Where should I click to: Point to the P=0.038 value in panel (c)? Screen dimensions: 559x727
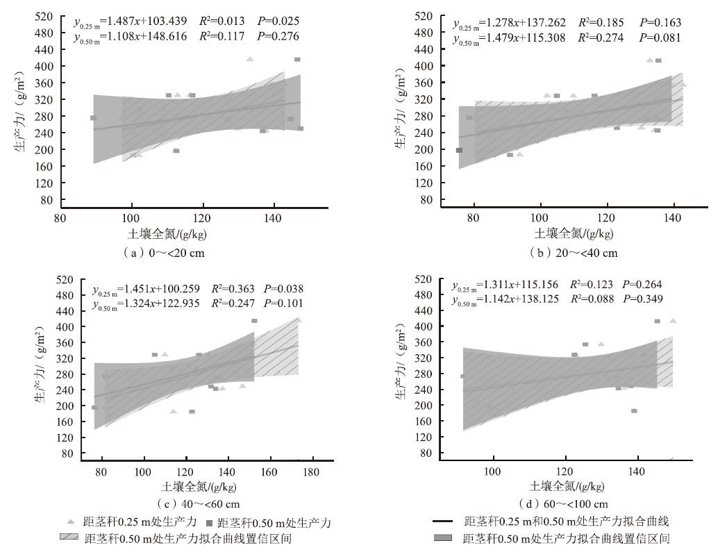click(282, 288)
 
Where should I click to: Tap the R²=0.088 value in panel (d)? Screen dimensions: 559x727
click(592, 299)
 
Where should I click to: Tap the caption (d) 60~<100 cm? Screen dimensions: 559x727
click(563, 504)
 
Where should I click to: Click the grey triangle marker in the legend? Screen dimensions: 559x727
click(71, 521)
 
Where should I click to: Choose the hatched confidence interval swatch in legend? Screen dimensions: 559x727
click(68, 538)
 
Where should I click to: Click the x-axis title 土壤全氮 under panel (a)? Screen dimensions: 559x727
click(165, 234)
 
